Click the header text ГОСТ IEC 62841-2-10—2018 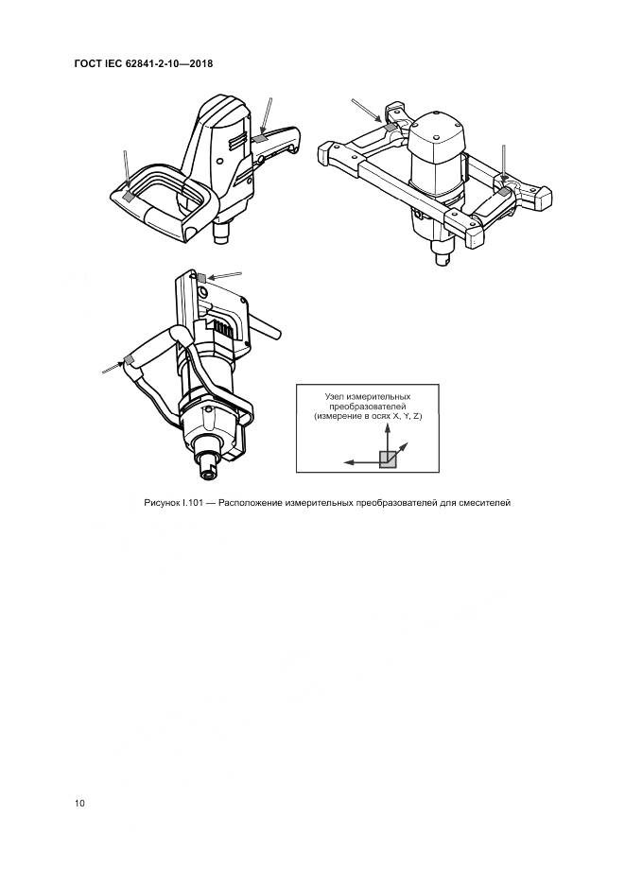[144, 63]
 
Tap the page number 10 [79, 803]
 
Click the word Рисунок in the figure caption [161, 503]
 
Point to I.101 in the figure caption [192, 503]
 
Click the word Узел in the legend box [335, 397]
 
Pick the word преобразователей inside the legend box [368, 407]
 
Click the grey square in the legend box [388, 459]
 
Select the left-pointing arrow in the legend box [362, 462]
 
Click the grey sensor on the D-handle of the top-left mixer [129, 196]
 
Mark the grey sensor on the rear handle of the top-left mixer [259, 138]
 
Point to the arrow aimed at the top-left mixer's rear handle [266, 117]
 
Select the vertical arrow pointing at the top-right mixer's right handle [503, 164]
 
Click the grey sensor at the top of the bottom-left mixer [201, 277]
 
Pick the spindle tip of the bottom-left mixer [208, 472]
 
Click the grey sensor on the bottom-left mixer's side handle [130, 360]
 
